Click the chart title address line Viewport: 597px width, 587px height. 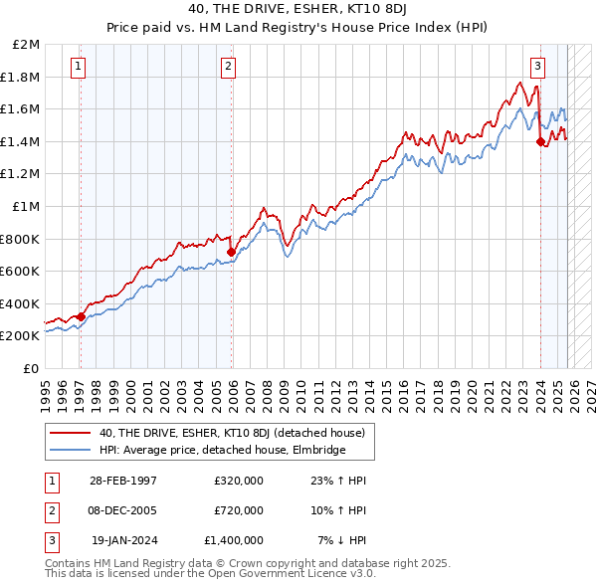[298, 11]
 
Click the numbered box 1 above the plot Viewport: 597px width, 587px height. [78, 68]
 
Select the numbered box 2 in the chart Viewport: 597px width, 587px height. [229, 68]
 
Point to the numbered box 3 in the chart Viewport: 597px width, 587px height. [537, 68]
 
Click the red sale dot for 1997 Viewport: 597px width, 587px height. [82, 316]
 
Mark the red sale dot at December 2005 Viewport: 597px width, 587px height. [231, 252]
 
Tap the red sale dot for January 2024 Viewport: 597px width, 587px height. [540, 142]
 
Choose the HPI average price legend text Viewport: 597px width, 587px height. [222, 450]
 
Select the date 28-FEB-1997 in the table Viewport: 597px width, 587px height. [122, 481]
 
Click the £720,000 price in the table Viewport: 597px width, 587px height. [238, 510]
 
